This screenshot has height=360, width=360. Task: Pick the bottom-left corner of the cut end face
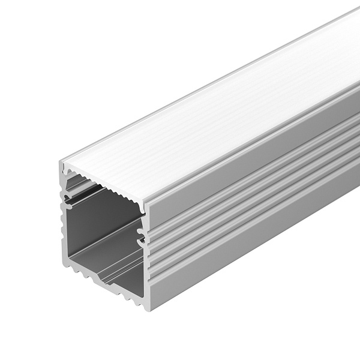tap(63, 265)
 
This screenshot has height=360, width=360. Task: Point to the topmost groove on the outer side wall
tap(252, 180)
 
